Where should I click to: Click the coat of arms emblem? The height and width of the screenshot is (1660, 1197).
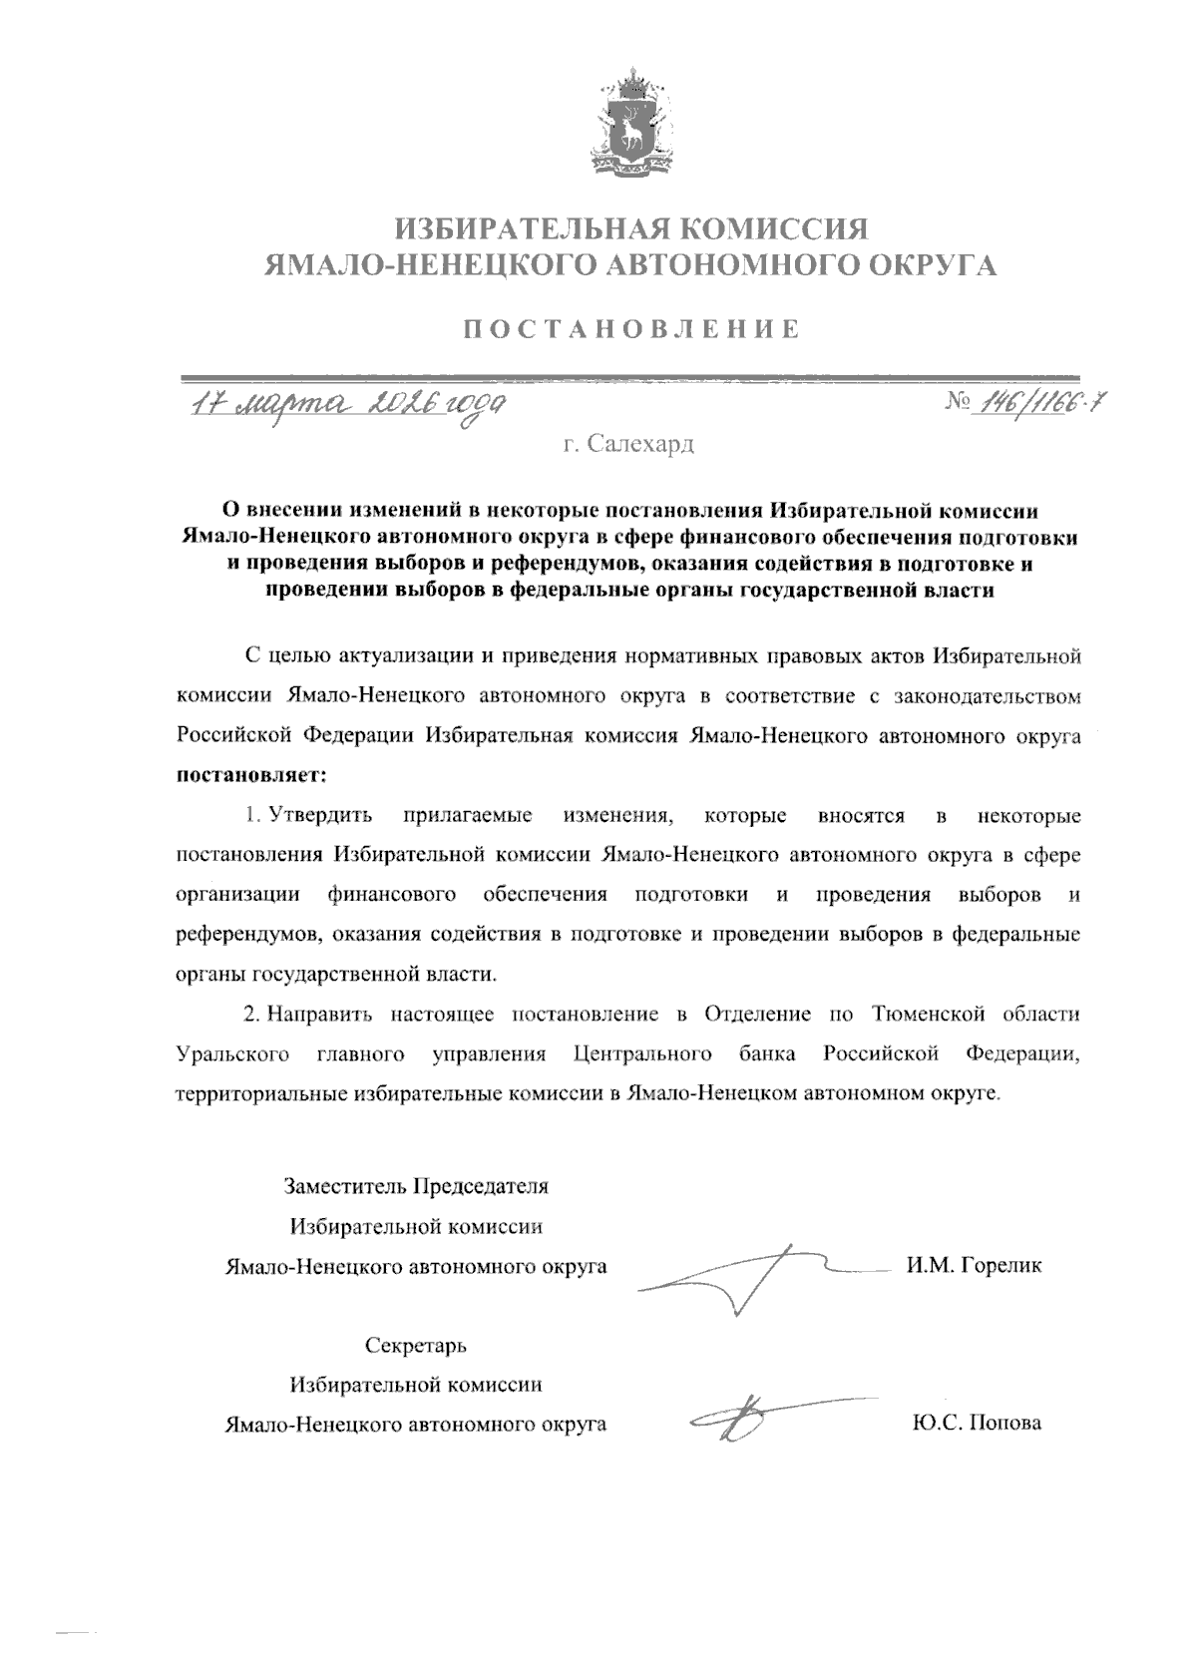(630, 122)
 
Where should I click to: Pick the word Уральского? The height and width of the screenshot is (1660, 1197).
(232, 1053)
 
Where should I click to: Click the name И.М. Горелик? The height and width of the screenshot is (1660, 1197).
(974, 1266)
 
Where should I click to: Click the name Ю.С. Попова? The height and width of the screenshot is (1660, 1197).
(976, 1424)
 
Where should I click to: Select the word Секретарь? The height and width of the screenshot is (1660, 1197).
(416, 1346)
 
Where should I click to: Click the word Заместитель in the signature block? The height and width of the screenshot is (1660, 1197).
(345, 1187)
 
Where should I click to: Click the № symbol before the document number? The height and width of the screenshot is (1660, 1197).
(958, 403)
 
